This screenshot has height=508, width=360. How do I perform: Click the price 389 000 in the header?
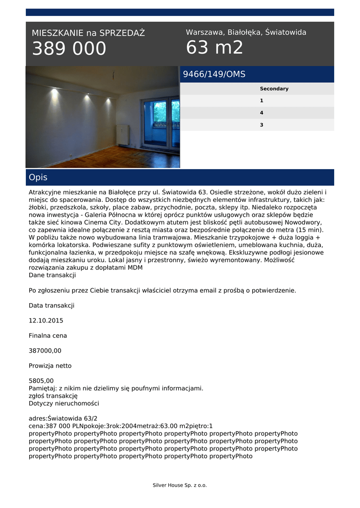(69, 49)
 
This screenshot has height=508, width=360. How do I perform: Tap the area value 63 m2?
(215, 48)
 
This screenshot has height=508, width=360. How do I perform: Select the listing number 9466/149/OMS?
(214, 74)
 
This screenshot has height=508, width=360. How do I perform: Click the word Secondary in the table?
(274, 89)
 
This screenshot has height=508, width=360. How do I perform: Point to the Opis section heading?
(38, 177)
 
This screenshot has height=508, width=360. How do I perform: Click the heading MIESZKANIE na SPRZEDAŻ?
(88, 33)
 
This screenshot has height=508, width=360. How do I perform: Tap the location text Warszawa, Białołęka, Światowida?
(246, 32)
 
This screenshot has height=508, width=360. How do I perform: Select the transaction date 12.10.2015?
(46, 320)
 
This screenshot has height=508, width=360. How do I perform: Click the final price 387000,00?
(45, 351)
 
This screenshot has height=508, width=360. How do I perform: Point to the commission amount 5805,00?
(41, 381)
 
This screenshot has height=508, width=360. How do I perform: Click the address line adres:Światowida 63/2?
(63, 418)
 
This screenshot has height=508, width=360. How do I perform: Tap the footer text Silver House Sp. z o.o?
(179, 485)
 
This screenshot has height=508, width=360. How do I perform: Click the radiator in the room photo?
(122, 134)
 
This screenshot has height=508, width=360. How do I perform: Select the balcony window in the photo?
(160, 122)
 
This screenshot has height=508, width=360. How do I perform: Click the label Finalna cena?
(48, 336)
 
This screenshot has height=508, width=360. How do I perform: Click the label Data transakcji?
(51, 306)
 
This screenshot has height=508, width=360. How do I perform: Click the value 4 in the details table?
(262, 113)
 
